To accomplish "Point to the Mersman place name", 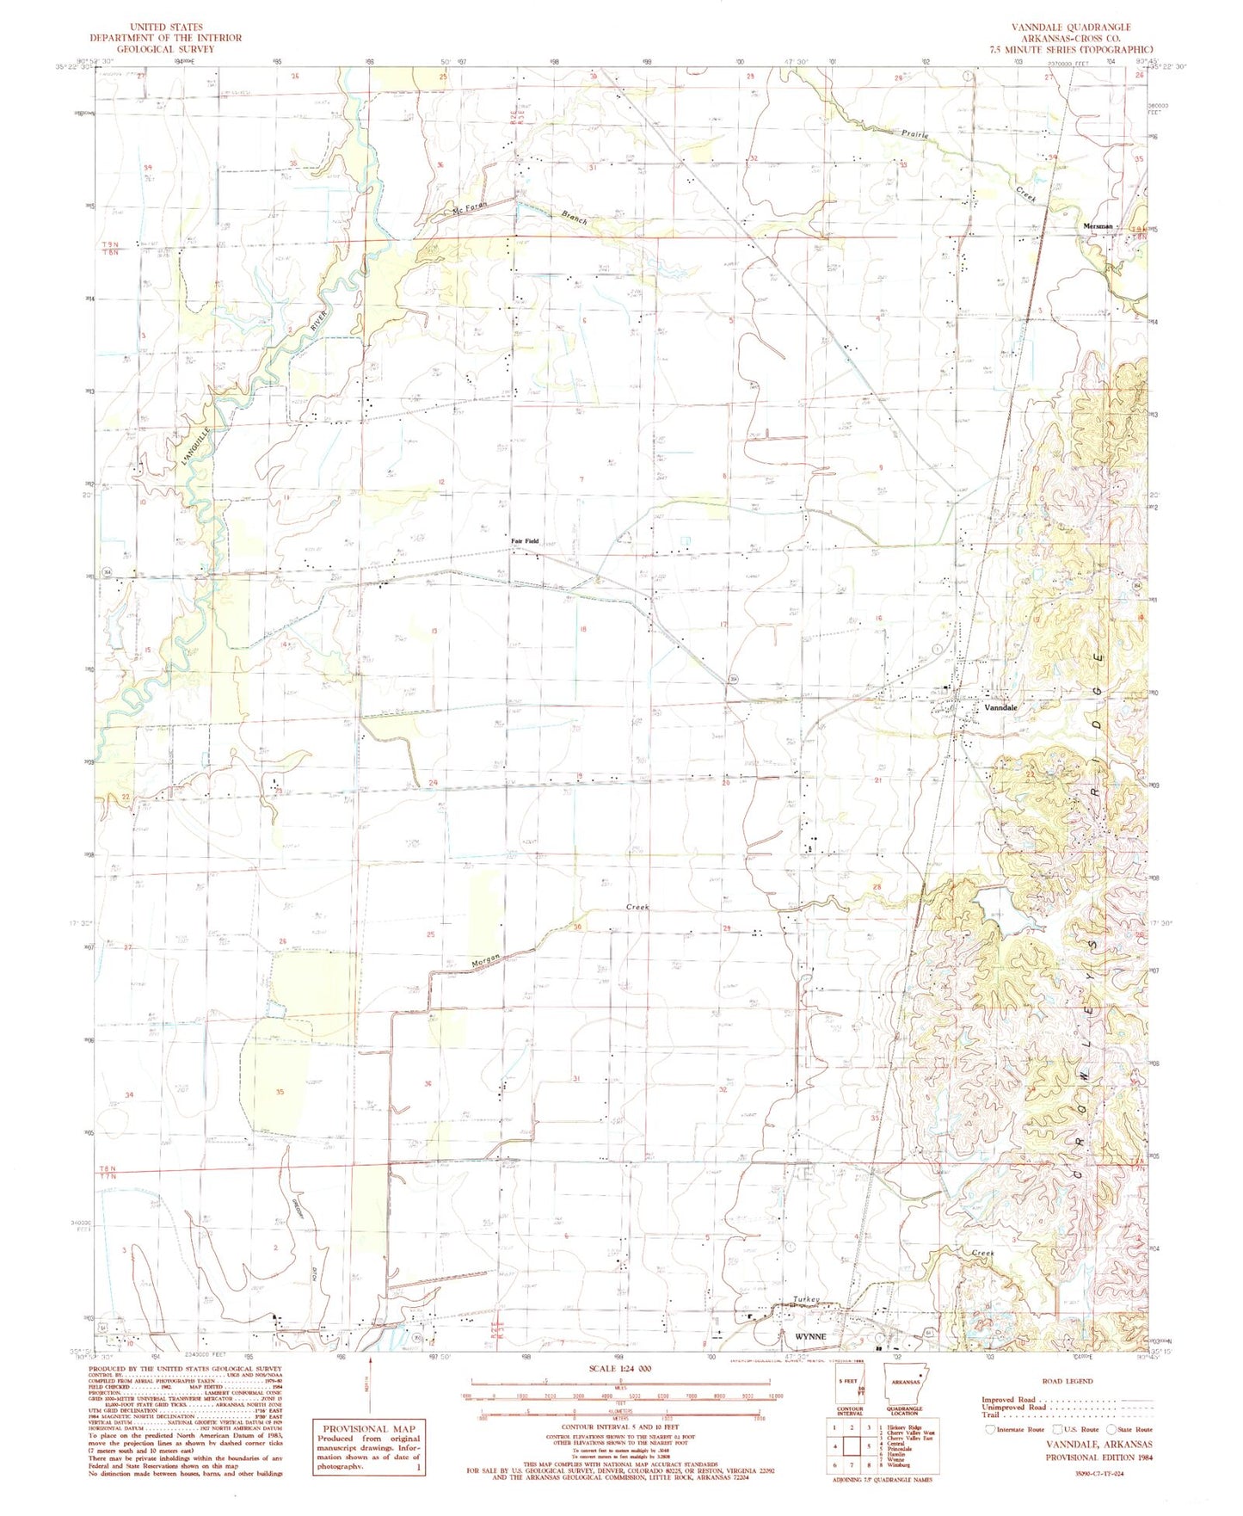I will (x=1097, y=226).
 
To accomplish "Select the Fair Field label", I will (x=525, y=541).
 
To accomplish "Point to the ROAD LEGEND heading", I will (x=1066, y=1381).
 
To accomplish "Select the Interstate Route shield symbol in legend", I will (x=988, y=1429).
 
